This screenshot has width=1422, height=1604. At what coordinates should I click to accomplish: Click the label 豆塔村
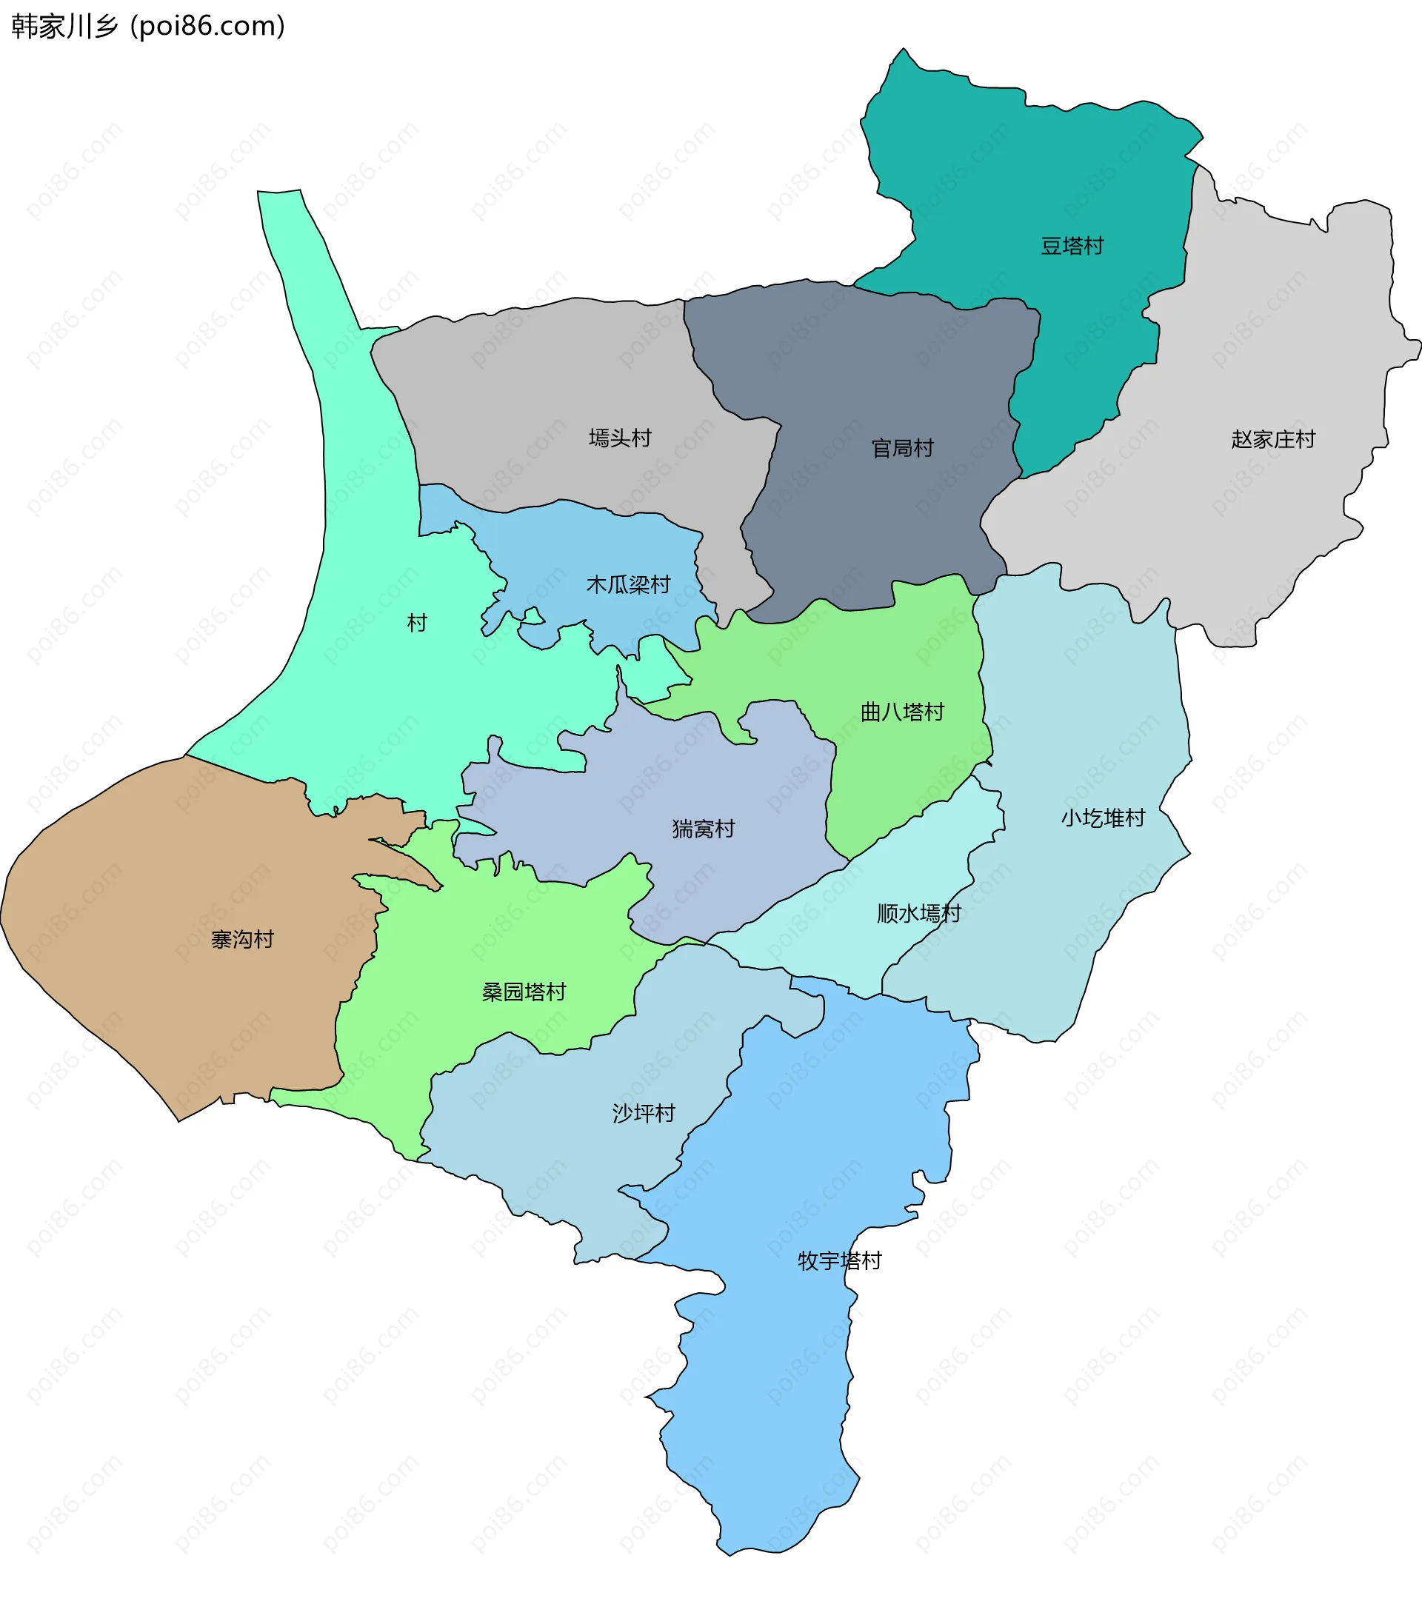[x=1072, y=247]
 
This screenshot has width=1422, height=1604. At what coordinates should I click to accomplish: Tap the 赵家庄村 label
[x=1273, y=439]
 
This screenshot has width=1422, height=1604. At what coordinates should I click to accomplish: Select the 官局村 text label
[x=903, y=448]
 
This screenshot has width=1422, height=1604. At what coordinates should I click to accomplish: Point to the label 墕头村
[x=620, y=438]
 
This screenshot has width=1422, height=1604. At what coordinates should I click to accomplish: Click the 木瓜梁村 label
[x=628, y=584]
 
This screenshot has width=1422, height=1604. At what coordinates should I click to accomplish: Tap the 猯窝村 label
[x=703, y=829]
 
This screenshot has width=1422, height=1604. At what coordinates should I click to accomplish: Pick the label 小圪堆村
[x=1103, y=818]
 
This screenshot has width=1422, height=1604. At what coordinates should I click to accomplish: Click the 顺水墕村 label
[x=918, y=913]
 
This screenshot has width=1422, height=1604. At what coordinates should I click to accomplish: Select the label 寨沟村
[x=242, y=939]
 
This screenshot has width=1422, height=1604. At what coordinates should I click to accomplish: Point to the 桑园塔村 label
[x=524, y=992]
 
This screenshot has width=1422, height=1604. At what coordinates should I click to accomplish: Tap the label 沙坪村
[x=644, y=1113]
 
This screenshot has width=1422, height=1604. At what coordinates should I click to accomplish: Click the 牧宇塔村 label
[x=840, y=1260]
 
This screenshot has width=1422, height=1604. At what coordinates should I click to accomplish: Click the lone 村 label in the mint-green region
[x=417, y=623]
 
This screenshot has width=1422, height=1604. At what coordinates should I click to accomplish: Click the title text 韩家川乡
[x=64, y=26]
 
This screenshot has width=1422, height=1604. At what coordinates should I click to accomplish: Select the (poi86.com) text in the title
[x=208, y=26]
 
